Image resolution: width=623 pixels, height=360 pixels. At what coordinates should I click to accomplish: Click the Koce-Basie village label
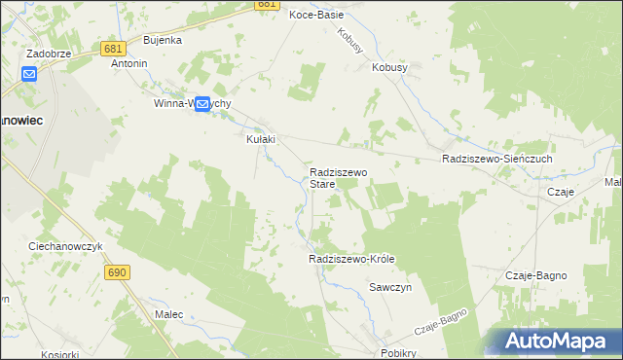click(315, 15)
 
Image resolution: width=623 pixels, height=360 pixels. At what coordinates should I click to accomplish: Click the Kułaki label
click(259, 139)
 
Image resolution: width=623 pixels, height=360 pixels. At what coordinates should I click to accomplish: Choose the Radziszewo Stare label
click(337, 177)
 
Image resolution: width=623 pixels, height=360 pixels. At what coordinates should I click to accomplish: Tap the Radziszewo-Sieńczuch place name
click(496, 159)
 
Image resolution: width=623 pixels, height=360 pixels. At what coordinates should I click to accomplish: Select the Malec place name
click(169, 314)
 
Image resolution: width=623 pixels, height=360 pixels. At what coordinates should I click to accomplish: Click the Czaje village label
click(561, 193)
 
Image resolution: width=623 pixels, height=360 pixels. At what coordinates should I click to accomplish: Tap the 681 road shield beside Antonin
click(110, 48)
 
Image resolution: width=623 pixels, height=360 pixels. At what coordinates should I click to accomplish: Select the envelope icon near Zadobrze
click(29, 73)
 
